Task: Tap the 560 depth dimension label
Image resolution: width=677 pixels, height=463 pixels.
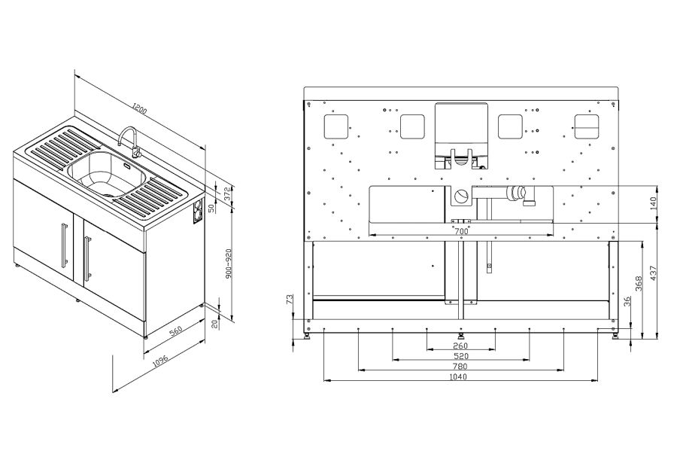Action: [x=176, y=330]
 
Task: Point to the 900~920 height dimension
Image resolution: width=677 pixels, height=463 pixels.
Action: [x=229, y=263]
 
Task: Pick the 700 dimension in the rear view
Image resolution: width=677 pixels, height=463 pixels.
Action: [x=462, y=231]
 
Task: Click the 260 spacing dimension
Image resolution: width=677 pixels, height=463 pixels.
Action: [x=460, y=346]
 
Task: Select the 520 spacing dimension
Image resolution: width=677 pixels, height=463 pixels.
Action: [x=460, y=356]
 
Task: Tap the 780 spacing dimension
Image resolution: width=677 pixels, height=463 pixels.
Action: [x=460, y=367]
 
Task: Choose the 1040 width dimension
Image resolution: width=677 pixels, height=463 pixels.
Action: [x=458, y=377]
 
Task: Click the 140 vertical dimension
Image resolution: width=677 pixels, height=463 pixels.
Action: [x=652, y=203]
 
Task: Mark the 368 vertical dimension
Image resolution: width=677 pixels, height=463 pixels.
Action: [x=639, y=284]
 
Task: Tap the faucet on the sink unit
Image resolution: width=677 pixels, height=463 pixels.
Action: [x=129, y=141]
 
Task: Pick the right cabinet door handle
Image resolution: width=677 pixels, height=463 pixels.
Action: [x=88, y=258]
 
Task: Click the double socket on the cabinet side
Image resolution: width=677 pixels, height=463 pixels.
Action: [x=199, y=212]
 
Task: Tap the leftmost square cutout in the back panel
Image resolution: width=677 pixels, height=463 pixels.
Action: [x=336, y=126]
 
